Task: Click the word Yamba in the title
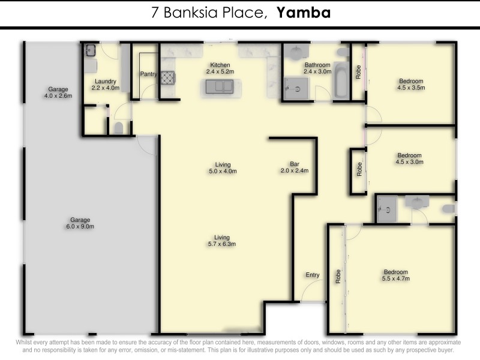304,13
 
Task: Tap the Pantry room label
148,74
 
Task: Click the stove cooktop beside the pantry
167,77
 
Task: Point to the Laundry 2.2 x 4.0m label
105,85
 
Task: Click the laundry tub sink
90,50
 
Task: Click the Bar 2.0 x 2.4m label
294,167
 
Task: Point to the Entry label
313,275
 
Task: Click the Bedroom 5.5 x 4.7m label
395,275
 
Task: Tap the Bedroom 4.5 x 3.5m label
411,84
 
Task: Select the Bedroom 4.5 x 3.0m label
409,158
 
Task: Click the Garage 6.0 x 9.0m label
80,223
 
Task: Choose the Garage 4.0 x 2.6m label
58,92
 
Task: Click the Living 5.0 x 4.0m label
223,168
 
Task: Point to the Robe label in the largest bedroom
338,276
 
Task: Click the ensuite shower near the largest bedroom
387,209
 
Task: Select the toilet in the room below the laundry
118,128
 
